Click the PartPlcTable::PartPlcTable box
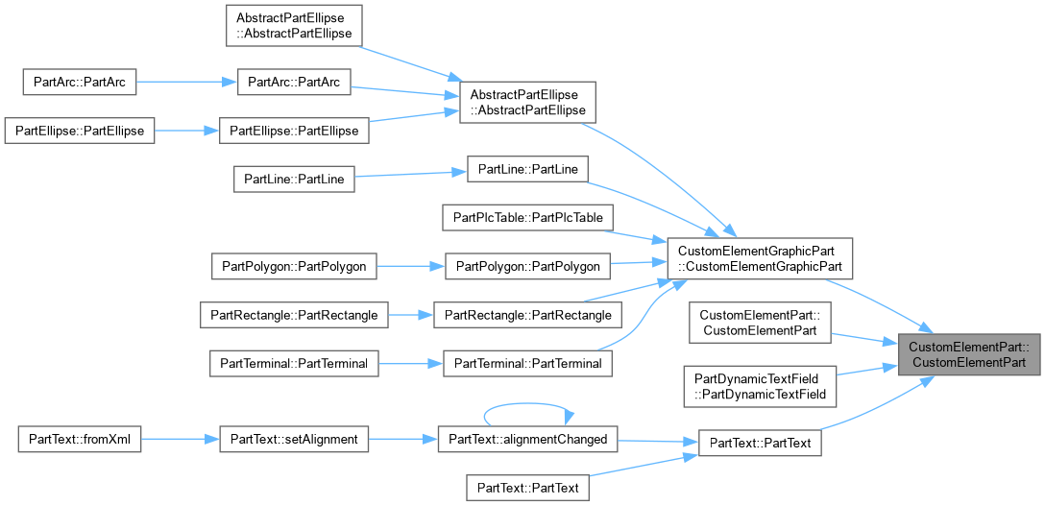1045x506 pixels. (x=528, y=218)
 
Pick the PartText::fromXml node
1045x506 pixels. (x=80, y=440)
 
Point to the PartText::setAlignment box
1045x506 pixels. (x=294, y=440)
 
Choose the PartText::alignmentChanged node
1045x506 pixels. (x=528, y=440)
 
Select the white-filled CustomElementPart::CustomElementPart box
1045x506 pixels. (x=760, y=323)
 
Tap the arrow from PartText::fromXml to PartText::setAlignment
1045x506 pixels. (x=180, y=440)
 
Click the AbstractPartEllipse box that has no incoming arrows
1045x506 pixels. (x=294, y=25)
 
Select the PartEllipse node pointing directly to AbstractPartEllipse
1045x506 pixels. (x=294, y=131)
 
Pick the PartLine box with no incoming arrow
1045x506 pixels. (x=294, y=180)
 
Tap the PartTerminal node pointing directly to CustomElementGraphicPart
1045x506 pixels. (x=528, y=364)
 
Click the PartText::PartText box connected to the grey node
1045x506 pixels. (x=760, y=444)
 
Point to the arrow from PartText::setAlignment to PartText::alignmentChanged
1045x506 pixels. (x=403, y=440)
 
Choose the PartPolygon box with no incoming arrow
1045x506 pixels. (x=294, y=266)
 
